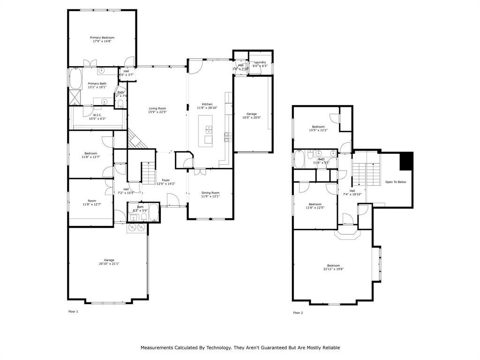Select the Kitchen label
pyautogui.click(x=207, y=104)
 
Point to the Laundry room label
pyautogui.click(x=260, y=62)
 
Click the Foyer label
pyautogui.click(x=166, y=180)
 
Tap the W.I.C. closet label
pyautogui.click(x=97, y=115)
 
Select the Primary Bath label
pyautogui.click(x=97, y=83)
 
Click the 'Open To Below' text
pyautogui.click(x=396, y=182)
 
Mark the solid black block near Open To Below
pyautogui.click(x=406, y=162)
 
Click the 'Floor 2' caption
pyautogui.click(x=298, y=313)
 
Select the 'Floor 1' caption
pyautogui.click(x=73, y=311)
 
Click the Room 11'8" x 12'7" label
pyautogui.click(x=92, y=201)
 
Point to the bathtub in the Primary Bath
pyautogui.click(x=75, y=79)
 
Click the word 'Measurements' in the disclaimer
pyautogui.click(x=157, y=348)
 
